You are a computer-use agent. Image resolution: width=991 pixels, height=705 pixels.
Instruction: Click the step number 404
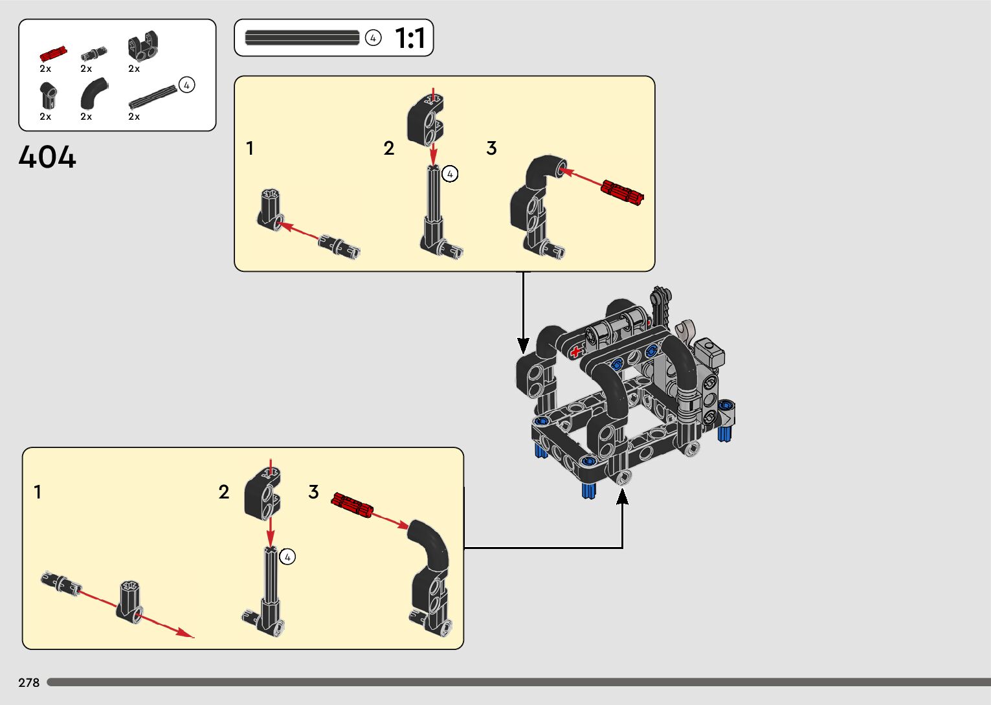pyautogui.click(x=47, y=157)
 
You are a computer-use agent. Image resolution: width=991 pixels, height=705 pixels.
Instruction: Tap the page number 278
pyautogui.click(x=29, y=682)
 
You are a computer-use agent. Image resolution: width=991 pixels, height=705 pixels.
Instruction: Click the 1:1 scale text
pyautogui.click(x=410, y=38)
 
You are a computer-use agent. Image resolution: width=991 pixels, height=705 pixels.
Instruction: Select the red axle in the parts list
pyautogui.click(x=53, y=54)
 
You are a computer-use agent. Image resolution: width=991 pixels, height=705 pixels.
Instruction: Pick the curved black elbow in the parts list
pyautogui.click(x=95, y=93)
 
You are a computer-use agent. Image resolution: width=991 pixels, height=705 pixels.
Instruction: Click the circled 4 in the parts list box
pyautogui.click(x=186, y=85)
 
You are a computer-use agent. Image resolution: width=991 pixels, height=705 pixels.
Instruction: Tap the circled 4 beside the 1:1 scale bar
pyautogui.click(x=373, y=38)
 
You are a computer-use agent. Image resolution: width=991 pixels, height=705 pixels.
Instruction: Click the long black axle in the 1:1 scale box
pyautogui.click(x=302, y=38)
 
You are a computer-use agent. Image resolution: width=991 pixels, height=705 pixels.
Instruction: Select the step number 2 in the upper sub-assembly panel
pyautogui.click(x=388, y=149)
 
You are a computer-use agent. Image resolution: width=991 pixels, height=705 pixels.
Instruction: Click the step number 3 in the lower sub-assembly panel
pyautogui.click(x=313, y=492)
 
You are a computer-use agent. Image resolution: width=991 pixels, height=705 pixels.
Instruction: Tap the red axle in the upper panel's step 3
pyautogui.click(x=622, y=191)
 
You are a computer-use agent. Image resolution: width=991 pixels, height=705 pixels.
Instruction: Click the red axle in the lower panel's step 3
pyautogui.click(x=353, y=505)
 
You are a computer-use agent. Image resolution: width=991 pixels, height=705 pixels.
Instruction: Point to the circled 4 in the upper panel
pyautogui.click(x=450, y=173)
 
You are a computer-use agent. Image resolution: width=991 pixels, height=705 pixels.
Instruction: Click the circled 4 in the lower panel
pyautogui.click(x=287, y=557)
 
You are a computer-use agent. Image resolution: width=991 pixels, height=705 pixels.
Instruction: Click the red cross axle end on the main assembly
pyautogui.click(x=575, y=352)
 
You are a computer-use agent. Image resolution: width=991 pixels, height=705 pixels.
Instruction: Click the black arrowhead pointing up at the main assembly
pyautogui.click(x=622, y=497)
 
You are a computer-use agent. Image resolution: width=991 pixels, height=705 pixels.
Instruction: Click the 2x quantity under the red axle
pyautogui.click(x=45, y=69)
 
